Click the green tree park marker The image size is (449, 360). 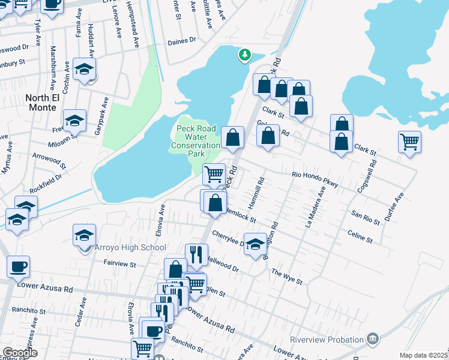(x=244, y=55)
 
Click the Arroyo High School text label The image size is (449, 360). (x=130, y=247)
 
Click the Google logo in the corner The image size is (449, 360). (x=20, y=353)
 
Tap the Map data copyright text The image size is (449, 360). (x=423, y=355)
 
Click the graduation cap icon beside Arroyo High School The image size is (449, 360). (x=85, y=235)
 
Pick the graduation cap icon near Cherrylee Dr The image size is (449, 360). (x=255, y=244)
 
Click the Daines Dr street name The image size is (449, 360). (x=182, y=40)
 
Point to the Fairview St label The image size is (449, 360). (x=120, y=264)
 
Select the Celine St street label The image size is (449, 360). (x=360, y=235)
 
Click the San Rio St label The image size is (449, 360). (x=366, y=217)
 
